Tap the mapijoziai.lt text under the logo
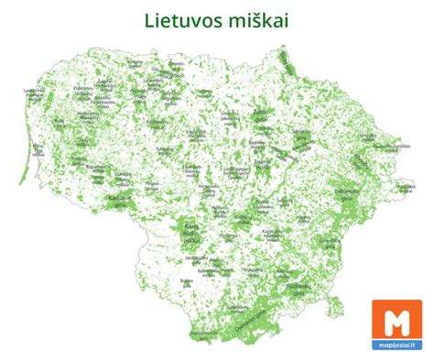coord(396,347)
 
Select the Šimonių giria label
coord(300,135)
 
